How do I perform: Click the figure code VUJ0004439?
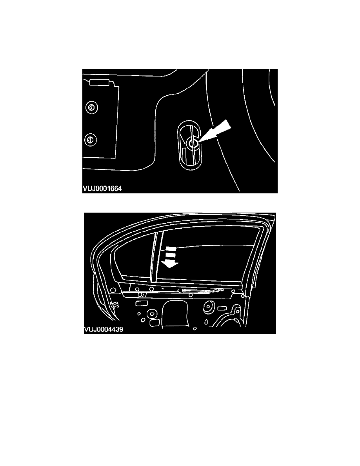tap(104, 329)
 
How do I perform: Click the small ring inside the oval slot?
tap(193, 144)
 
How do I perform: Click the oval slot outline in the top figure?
tap(189, 146)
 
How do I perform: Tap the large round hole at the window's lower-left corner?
tap(113, 290)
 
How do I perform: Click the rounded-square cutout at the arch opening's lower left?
tap(155, 322)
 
